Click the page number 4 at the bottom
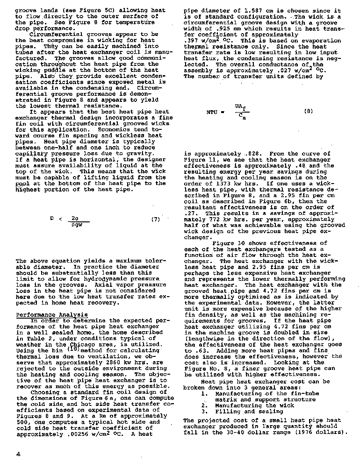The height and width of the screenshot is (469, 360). (18, 454)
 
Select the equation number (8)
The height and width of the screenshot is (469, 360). (309, 111)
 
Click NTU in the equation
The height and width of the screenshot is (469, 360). (213, 112)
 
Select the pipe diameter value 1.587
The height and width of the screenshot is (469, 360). (252, 11)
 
